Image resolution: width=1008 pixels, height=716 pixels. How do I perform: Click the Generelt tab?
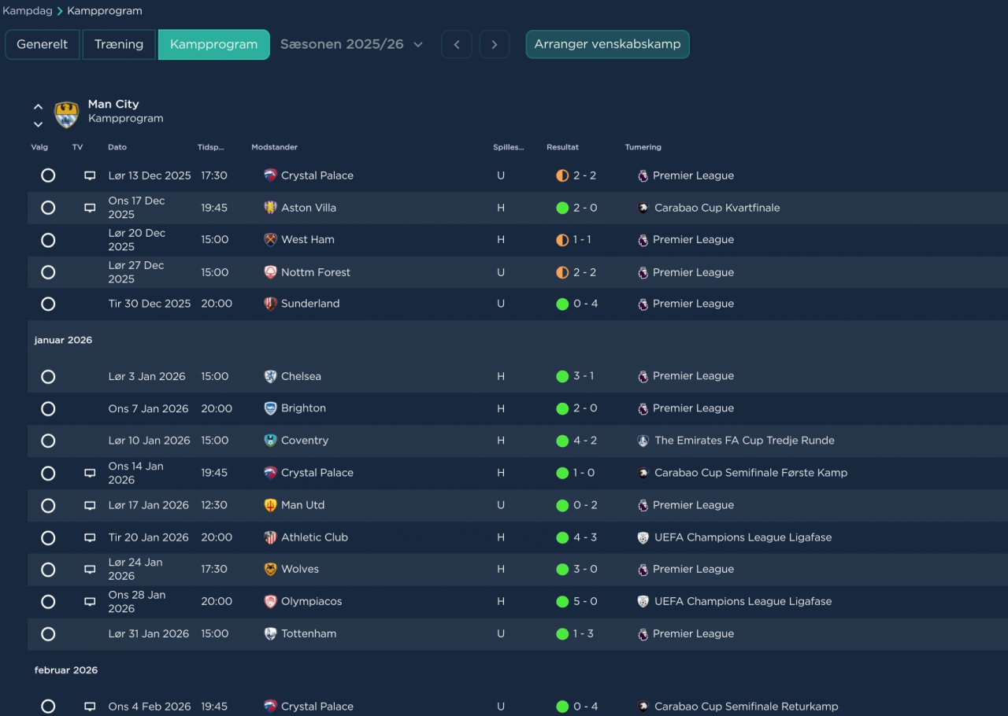[x=42, y=44]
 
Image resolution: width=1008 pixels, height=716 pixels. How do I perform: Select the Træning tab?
[x=119, y=44]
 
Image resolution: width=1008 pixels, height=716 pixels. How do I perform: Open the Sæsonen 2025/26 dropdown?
[x=351, y=44]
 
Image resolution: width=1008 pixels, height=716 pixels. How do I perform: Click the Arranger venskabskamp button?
[x=607, y=44]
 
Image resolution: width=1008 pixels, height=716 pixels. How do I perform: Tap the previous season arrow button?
[x=456, y=44]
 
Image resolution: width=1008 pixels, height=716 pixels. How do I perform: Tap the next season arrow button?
[x=494, y=44]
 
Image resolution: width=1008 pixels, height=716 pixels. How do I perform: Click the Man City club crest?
[x=67, y=114]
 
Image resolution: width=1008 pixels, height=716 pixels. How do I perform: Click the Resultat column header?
[x=562, y=147]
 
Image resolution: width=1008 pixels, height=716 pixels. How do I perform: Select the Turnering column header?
[x=643, y=147]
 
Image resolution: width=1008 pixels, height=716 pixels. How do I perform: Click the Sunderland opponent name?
[x=310, y=304]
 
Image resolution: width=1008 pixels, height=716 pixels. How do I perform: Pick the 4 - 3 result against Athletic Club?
[x=585, y=537]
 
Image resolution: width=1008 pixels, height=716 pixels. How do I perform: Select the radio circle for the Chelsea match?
[x=48, y=376]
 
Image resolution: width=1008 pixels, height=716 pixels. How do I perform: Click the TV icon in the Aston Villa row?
[x=90, y=208]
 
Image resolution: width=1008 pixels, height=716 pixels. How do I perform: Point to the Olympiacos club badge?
[x=270, y=601]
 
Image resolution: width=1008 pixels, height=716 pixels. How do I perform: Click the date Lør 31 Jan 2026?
[x=149, y=633]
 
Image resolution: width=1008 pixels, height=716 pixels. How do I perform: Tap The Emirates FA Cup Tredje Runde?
[x=744, y=441]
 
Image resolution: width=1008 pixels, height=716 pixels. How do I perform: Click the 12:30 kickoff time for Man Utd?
[x=213, y=505]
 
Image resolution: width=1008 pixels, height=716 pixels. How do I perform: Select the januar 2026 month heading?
[x=63, y=340]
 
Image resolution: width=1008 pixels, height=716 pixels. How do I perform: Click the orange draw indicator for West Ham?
[x=562, y=240]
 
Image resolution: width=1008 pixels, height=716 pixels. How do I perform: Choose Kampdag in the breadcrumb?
[x=27, y=11]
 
